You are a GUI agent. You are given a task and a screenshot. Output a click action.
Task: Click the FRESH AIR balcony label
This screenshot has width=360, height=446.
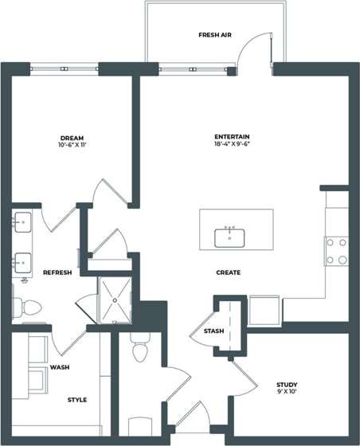click(213, 35)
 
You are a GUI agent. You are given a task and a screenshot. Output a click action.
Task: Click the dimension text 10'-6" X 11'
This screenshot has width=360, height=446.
click(72, 146)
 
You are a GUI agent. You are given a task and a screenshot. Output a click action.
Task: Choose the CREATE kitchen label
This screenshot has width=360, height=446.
click(229, 272)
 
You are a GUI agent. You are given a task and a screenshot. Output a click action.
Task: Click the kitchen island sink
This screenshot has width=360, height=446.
click(230, 237)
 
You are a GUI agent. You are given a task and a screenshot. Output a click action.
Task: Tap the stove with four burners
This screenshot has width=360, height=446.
click(336, 250)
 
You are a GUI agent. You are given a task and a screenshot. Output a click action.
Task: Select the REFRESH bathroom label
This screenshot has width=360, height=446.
click(57, 272)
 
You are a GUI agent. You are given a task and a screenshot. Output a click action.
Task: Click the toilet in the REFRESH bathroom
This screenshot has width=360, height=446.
click(27, 307)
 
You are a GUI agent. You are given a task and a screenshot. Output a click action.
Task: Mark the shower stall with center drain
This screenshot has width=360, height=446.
click(116, 300)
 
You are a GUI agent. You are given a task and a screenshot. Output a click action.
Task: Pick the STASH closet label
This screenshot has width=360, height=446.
click(213, 331)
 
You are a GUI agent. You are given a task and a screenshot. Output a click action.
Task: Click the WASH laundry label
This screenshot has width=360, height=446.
click(59, 368)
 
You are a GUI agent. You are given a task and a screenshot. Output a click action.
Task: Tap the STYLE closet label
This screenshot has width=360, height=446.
click(77, 399)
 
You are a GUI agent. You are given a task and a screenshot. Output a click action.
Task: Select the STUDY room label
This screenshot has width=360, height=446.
click(287, 384)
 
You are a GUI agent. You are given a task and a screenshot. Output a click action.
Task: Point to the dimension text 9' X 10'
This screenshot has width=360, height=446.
click(287, 393)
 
